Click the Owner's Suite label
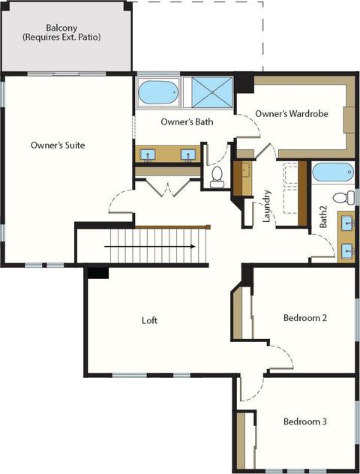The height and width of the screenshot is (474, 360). pyautogui.click(x=58, y=145)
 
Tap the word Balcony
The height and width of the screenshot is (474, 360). pyautogui.click(x=61, y=28)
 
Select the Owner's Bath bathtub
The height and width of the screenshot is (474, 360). pyautogui.click(x=158, y=92)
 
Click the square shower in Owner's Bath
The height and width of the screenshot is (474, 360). pyautogui.click(x=212, y=92)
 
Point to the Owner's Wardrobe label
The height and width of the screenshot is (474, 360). pyautogui.click(x=292, y=114)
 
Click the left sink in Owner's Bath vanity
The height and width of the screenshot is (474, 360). pyautogui.click(x=148, y=154)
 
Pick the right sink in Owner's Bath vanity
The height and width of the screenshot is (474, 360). pyautogui.click(x=188, y=154)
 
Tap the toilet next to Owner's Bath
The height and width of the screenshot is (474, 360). pyautogui.click(x=217, y=177)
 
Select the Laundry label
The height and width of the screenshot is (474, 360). pyautogui.click(x=266, y=206)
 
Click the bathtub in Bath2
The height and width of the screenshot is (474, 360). pyautogui.click(x=333, y=172)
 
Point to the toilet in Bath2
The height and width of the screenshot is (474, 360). pyautogui.click(x=343, y=198)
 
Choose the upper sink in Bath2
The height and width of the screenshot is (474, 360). pyautogui.click(x=347, y=223)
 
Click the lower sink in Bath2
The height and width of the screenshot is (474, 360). pyautogui.click(x=347, y=250)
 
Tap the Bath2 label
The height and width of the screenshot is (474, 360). pyautogui.click(x=323, y=217)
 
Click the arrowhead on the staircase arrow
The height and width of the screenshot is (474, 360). pyautogui.click(x=193, y=246)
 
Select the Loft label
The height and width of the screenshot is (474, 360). pyautogui.click(x=149, y=320)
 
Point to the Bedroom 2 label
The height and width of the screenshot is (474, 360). pyautogui.click(x=305, y=318)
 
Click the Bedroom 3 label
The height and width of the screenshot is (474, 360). pyautogui.click(x=305, y=421)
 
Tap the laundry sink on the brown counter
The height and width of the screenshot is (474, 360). pyautogui.click(x=247, y=169)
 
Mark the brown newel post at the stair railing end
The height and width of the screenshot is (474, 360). pyautogui.click(x=208, y=226)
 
